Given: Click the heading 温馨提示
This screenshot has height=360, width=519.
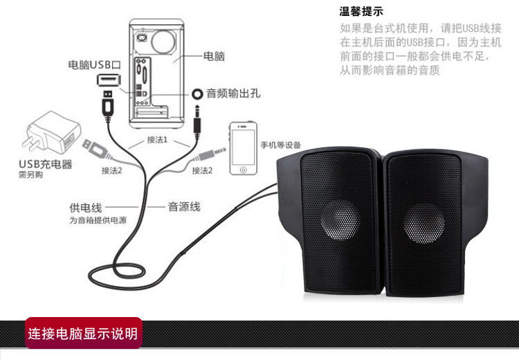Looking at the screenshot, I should pos(361,12).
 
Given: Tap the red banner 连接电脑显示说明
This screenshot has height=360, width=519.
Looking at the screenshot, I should pos(83,334).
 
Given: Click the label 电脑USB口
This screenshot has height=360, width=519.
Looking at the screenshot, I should pos(95,64).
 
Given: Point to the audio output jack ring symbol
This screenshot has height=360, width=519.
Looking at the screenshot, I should pos(197,93).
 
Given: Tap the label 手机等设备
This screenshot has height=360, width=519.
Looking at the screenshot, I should pos(281,145).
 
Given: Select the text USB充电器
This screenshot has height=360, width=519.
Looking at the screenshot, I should pos(45,164).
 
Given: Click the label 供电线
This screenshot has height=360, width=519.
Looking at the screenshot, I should pos(85,207).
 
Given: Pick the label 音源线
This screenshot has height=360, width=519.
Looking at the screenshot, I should pos(184,206).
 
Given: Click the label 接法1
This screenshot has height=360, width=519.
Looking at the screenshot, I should pos(158,140).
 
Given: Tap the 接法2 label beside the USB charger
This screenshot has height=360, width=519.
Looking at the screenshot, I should pos(111,170).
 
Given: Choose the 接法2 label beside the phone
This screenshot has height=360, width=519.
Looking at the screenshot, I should pos(202,170).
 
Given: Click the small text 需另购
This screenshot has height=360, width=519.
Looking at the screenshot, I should pos(27,176).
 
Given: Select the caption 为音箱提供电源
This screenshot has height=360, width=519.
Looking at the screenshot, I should pos(98,220).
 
